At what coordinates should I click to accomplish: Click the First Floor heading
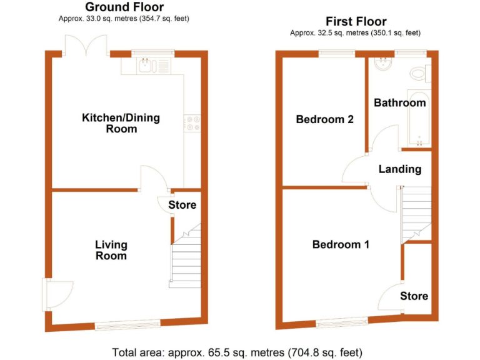(x=356, y=22)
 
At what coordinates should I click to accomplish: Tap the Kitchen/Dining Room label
(x=121, y=123)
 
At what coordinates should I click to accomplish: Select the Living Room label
(x=111, y=250)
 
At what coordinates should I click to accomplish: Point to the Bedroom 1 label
(x=341, y=245)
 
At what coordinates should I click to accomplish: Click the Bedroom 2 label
(x=325, y=119)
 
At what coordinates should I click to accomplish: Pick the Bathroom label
(x=400, y=103)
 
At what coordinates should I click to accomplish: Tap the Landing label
(x=400, y=169)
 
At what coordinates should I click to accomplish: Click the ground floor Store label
(x=182, y=205)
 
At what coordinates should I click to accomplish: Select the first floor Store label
(x=414, y=296)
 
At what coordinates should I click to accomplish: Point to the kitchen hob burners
(x=191, y=122)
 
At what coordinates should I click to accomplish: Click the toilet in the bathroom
(x=419, y=74)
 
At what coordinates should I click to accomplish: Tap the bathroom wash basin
(x=381, y=63)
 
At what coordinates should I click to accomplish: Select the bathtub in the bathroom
(x=414, y=122)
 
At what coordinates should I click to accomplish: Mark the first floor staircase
(x=416, y=212)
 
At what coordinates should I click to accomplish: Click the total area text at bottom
(x=237, y=352)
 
